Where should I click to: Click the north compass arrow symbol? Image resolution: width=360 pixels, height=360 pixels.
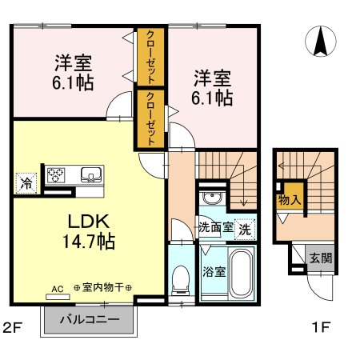321,42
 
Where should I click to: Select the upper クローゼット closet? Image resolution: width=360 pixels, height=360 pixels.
150,57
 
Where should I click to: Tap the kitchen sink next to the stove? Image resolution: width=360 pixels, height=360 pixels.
89,174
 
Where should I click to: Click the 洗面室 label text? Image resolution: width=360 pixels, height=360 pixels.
216,226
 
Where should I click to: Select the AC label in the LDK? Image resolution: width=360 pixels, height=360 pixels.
57,289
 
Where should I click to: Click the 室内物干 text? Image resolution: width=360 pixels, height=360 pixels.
102,289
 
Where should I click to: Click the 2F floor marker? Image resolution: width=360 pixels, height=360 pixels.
11,326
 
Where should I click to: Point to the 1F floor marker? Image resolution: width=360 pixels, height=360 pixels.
321,326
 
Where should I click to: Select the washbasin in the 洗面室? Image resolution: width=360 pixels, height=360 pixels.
212,199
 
